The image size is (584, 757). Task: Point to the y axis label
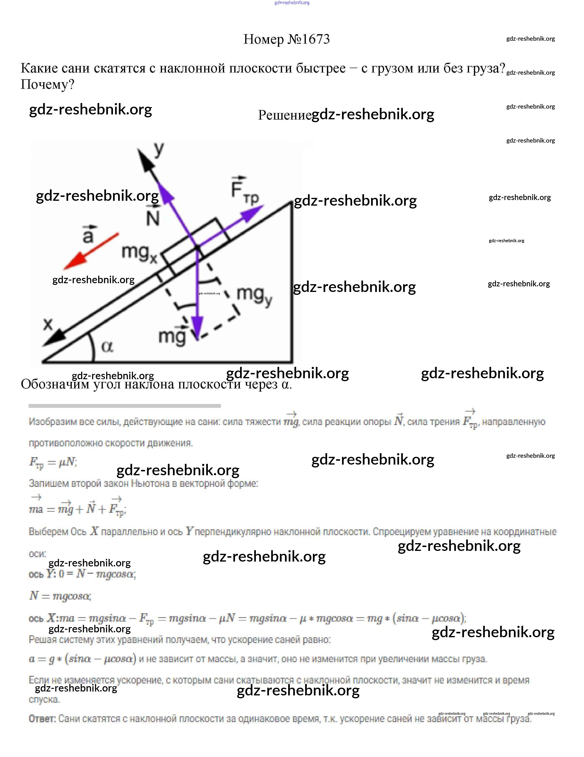(159, 150)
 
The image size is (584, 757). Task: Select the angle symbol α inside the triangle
(107, 346)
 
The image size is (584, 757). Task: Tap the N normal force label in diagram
(153, 217)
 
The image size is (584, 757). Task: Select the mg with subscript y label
(254, 295)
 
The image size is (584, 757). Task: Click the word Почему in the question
(47, 84)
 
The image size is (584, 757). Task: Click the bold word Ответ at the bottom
(42, 719)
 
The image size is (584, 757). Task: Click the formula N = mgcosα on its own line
(60, 596)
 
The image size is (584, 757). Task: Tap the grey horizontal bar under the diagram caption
(124, 405)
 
